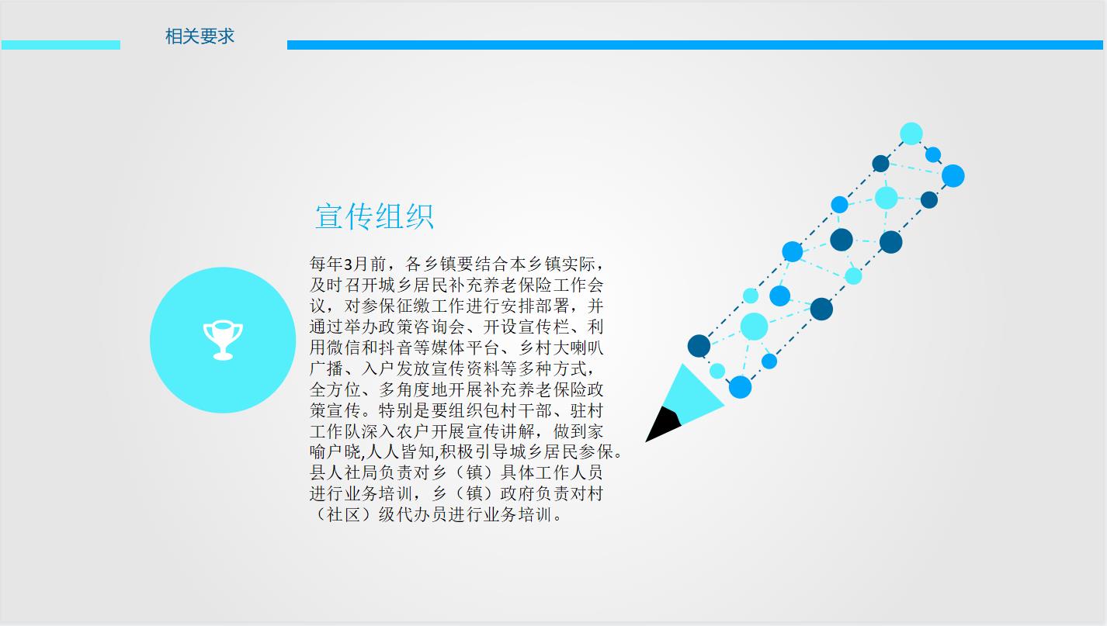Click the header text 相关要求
[x=200, y=36]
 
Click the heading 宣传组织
[x=375, y=216]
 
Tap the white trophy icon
[x=223, y=341]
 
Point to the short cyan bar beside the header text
[x=61, y=45]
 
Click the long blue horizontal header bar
[x=695, y=45]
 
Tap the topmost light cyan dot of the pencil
[x=911, y=133]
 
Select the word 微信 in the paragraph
[x=344, y=348]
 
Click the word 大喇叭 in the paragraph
[x=578, y=348]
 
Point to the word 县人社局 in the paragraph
[x=344, y=472]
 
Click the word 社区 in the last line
[x=344, y=514]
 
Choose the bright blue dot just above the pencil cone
[x=741, y=387]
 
